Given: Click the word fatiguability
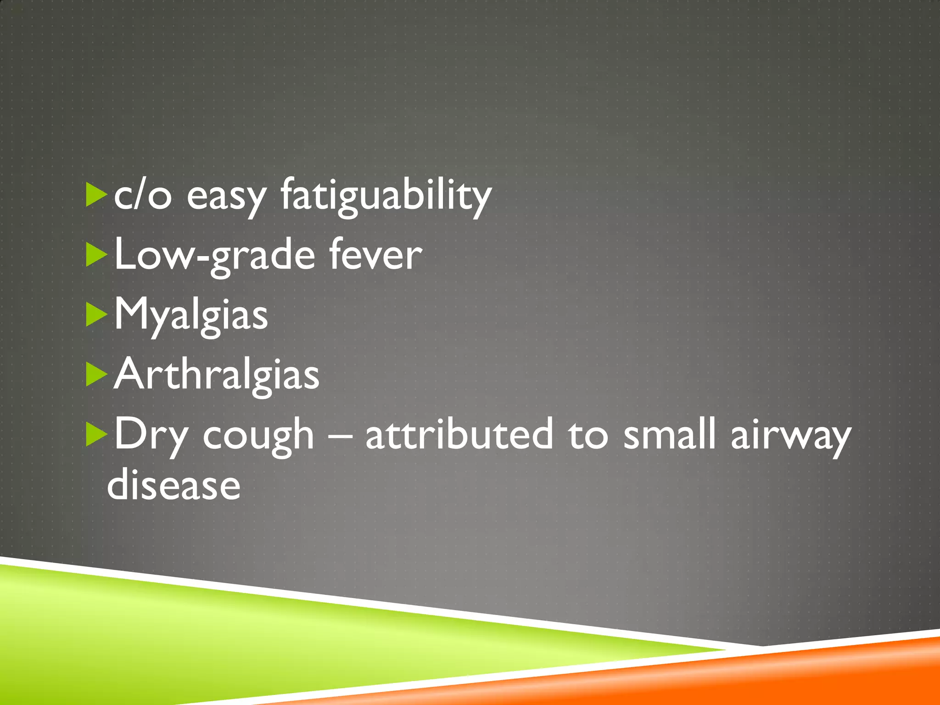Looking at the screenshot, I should (386, 196).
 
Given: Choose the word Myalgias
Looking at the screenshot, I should (190, 316).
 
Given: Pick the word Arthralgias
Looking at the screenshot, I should (216, 375).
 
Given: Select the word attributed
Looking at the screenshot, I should (459, 434).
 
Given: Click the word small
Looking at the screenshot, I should (670, 434).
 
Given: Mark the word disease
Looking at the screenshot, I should (173, 485).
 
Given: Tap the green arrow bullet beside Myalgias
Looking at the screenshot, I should (96, 316).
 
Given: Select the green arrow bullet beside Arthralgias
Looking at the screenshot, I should (96, 375).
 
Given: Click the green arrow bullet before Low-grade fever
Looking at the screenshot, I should (96, 255).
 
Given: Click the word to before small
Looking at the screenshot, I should (588, 434).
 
